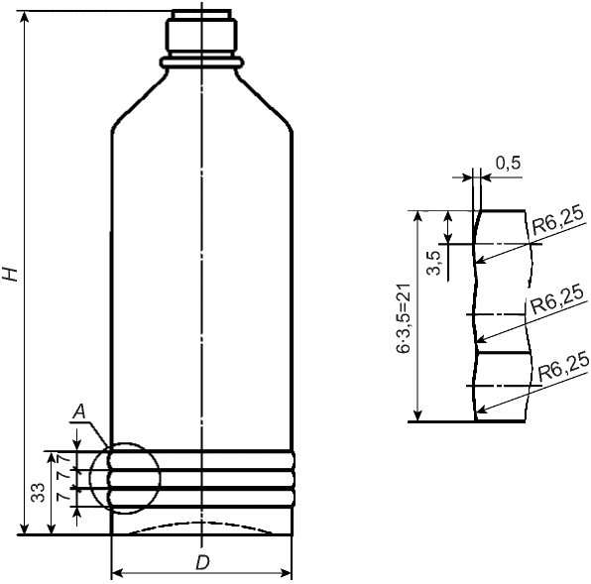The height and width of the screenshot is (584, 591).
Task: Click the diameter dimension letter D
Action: [x=202, y=562]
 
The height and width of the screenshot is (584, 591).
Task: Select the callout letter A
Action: [x=79, y=411]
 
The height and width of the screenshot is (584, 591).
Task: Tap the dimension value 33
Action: [x=38, y=493]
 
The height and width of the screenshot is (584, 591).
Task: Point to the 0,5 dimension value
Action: [x=508, y=164]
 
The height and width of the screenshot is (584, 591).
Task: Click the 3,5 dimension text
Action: [x=435, y=263]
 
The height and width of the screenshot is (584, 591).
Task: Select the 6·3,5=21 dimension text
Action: [x=404, y=318]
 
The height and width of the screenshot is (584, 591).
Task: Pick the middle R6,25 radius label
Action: [x=556, y=301]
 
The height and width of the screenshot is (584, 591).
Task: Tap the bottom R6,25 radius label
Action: [x=563, y=367]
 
